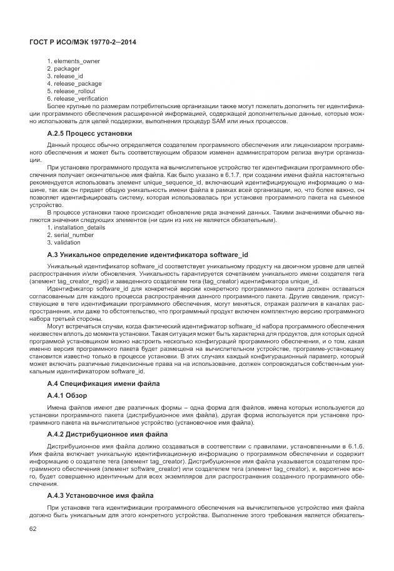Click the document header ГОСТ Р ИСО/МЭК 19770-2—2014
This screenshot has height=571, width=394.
pos(83,42)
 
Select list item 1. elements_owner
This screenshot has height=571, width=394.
pos(73,61)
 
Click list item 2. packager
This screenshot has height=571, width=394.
pos(63,68)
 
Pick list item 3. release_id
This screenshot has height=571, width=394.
pos(65,76)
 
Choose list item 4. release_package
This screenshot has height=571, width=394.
pos(74,83)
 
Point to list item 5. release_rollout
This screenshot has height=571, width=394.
pos(72,91)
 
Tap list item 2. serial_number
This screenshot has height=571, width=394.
pos(70,235)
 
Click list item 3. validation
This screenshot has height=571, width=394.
pos(64,242)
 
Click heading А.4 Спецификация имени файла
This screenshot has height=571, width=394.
pos(103,383)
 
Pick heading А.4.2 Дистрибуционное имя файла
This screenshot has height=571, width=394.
pos(107,433)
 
